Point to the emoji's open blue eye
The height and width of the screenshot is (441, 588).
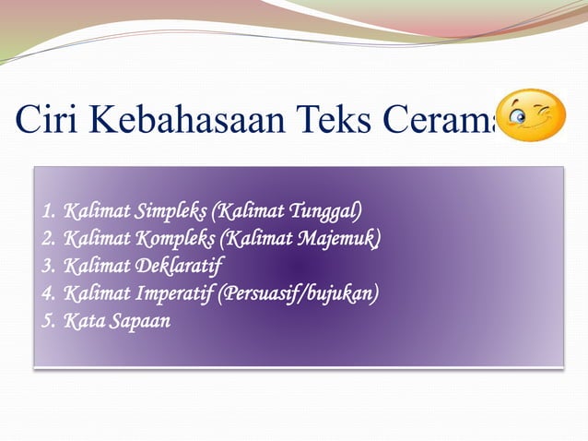[x=518, y=115]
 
